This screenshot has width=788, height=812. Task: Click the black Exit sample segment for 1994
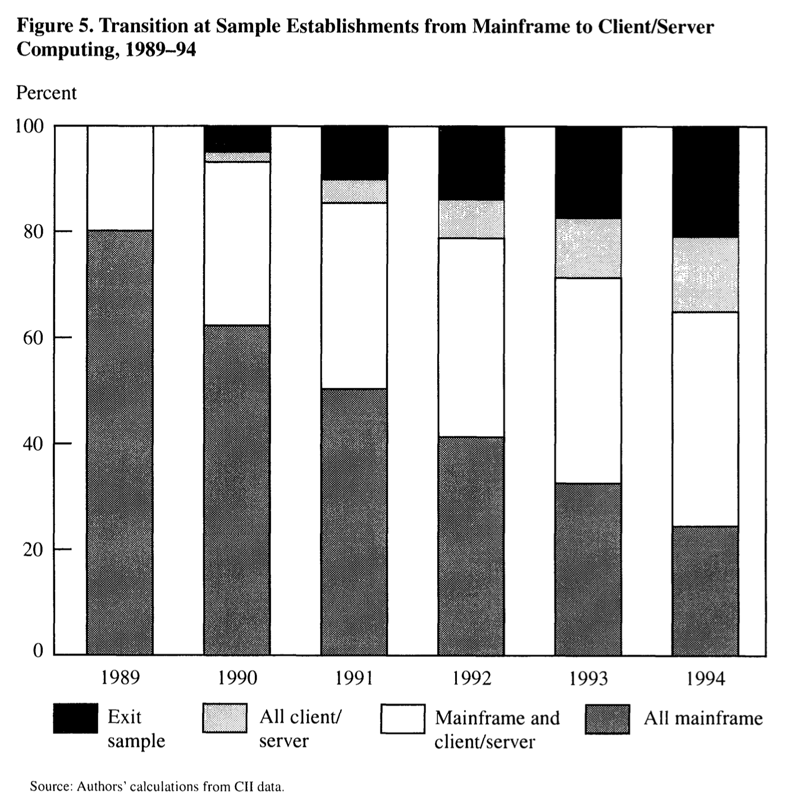click(705, 182)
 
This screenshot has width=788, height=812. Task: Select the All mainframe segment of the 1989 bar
click(120, 442)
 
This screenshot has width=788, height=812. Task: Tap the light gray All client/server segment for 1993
click(588, 248)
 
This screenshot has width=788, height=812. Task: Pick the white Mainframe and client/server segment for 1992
click(471, 338)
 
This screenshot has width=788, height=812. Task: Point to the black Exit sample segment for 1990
click(237, 139)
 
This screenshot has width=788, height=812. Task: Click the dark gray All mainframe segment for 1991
click(354, 522)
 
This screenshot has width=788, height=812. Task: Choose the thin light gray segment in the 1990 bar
click(237, 157)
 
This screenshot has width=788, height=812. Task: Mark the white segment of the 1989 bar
click(120, 178)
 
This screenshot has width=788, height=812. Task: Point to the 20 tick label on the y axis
click(34, 550)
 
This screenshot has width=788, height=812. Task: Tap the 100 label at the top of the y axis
click(29, 126)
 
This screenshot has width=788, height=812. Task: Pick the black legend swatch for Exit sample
click(76, 718)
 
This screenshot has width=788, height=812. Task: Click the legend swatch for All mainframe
click(607, 719)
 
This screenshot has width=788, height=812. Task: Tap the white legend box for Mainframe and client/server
click(402, 718)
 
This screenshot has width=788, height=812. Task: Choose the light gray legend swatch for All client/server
click(225, 718)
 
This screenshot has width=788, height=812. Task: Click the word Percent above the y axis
click(47, 93)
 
